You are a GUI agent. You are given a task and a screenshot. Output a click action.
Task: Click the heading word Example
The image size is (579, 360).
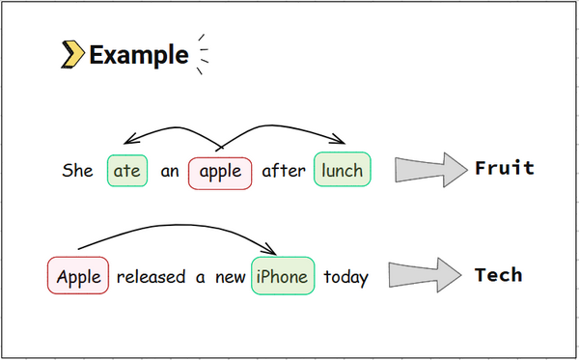pyautogui.click(x=138, y=56)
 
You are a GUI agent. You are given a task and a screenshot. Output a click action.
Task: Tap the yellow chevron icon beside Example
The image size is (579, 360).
pyautogui.click(x=72, y=56)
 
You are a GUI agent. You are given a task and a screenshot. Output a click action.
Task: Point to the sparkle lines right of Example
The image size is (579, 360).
pyautogui.click(x=203, y=54)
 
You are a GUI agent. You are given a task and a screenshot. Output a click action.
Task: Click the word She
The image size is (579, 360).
pyautogui.click(x=78, y=171)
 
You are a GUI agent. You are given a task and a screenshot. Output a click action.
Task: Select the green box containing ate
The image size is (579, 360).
pyautogui.click(x=127, y=171)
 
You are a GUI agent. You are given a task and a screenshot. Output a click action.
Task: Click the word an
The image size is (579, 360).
pyautogui.click(x=170, y=171)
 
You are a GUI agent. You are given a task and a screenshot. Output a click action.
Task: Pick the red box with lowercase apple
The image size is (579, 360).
pyautogui.click(x=220, y=172)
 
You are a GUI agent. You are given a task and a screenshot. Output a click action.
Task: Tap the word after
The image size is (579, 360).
pyautogui.click(x=283, y=171)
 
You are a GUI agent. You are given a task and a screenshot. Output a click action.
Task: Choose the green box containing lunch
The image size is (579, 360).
pyautogui.click(x=342, y=171)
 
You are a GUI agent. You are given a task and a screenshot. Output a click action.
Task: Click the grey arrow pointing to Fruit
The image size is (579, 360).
pyautogui.click(x=430, y=169)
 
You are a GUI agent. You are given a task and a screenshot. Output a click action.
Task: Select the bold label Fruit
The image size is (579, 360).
pyautogui.click(x=504, y=169)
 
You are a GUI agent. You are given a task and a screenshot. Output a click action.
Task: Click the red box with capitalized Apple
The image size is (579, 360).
pyautogui.click(x=78, y=277)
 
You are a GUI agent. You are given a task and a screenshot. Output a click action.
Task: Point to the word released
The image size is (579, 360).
pyautogui.click(x=152, y=277)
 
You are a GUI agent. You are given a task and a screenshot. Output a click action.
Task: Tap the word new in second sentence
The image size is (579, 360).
pyautogui.click(x=230, y=277)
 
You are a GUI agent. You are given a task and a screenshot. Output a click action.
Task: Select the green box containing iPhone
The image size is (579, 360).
pyautogui.click(x=283, y=277)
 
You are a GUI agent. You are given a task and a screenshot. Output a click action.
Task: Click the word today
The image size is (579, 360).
pyautogui.click(x=345, y=277)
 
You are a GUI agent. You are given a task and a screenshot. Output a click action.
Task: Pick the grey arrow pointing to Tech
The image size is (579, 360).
pyautogui.click(x=426, y=274)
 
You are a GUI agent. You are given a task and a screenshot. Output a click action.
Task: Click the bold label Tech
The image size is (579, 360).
pyautogui.click(x=498, y=274)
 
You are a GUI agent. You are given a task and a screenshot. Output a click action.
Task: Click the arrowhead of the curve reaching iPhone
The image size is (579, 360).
pyautogui.click(x=274, y=253)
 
